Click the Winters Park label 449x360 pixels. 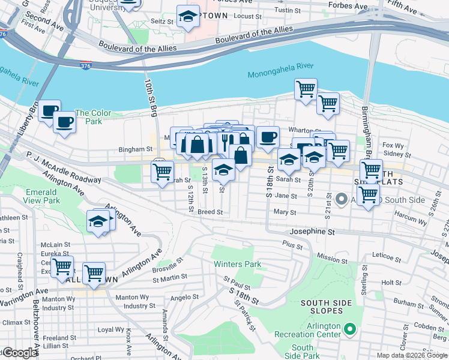[x=237, y=264]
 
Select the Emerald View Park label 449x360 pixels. [x=43, y=196]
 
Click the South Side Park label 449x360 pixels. [x=303, y=352]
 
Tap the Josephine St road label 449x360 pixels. [x=311, y=230]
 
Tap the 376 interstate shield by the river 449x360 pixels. [x=86, y=65]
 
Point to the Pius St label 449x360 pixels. [x=292, y=244]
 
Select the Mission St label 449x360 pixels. [x=328, y=257]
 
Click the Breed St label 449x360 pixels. [x=210, y=212]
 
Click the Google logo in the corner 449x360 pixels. [x=20, y=353]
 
